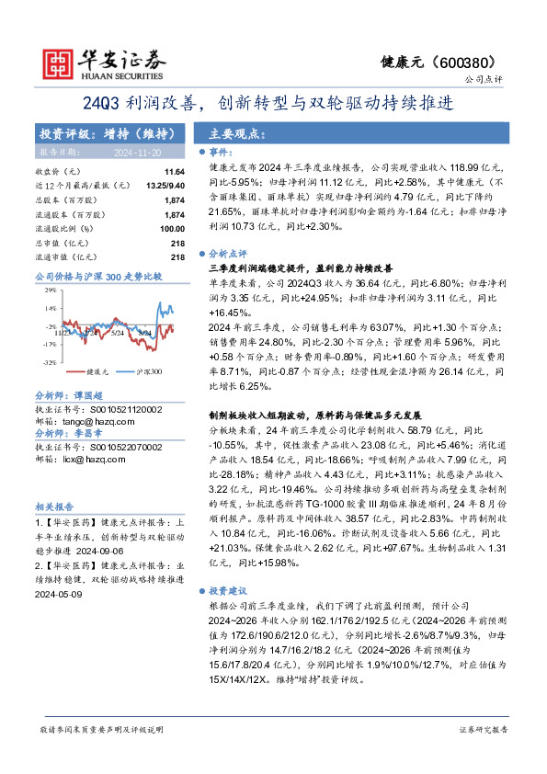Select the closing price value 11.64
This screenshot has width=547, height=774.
[x=175, y=172]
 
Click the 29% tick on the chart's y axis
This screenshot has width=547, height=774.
[x=51, y=292]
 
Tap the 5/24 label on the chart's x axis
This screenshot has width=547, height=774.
[x=117, y=333]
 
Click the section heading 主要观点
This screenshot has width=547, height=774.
[x=237, y=134]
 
